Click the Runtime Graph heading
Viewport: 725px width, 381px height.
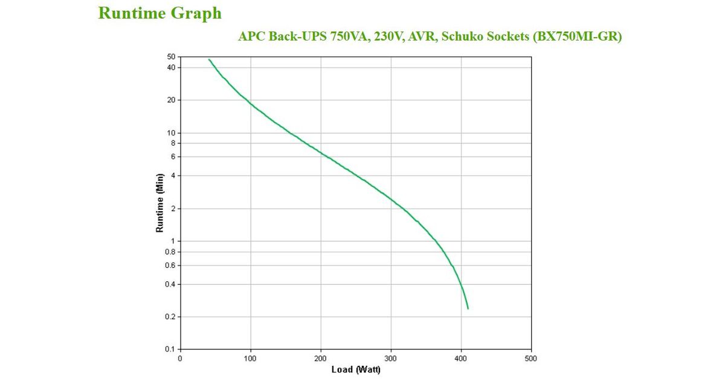point(159,13)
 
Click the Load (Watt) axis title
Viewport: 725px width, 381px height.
point(356,370)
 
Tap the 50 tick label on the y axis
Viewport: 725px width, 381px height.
point(171,57)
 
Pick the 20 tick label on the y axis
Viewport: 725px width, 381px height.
point(171,100)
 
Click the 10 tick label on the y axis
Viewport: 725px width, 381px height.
point(171,132)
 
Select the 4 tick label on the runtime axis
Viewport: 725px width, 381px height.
point(173,175)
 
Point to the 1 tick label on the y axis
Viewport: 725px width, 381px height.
point(173,241)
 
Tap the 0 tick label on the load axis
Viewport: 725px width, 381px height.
point(180,359)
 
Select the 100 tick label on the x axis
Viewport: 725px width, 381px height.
point(250,359)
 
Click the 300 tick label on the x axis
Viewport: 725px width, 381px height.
point(391,359)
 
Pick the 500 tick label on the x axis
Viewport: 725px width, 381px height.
point(531,359)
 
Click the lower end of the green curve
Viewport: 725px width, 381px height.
point(468,308)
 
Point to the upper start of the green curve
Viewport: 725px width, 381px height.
point(209,59)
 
